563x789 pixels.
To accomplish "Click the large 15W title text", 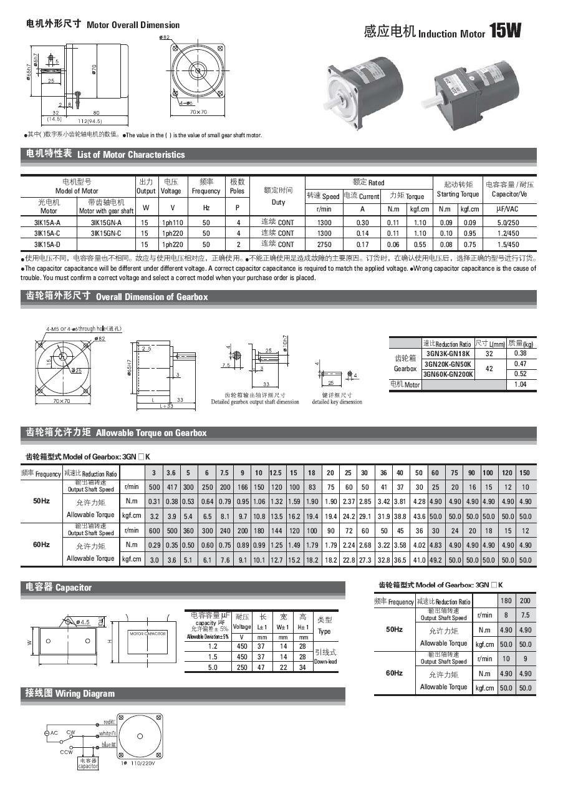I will coord(505,31).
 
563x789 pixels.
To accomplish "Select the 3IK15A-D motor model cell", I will coord(47,244).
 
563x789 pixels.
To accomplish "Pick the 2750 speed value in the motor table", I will coord(324,244).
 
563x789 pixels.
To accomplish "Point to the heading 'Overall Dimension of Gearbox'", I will coord(152,297).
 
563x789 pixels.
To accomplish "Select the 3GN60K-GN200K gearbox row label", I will coord(448,374).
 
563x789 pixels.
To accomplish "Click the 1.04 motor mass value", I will coord(521,385).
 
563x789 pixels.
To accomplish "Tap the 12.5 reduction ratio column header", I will coord(276,473).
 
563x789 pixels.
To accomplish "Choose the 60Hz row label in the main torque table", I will coord(41,545).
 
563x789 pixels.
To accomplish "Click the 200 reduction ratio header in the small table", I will coord(526,601).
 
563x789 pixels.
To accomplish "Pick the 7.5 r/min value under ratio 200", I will coord(526,615).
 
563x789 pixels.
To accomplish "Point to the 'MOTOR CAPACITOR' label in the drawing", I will coord(148,634).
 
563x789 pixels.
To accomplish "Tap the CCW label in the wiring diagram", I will coord(66,752).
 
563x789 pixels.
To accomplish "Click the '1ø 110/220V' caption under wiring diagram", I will coord(137,763).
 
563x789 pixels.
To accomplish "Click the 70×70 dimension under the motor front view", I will coord(198,112).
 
